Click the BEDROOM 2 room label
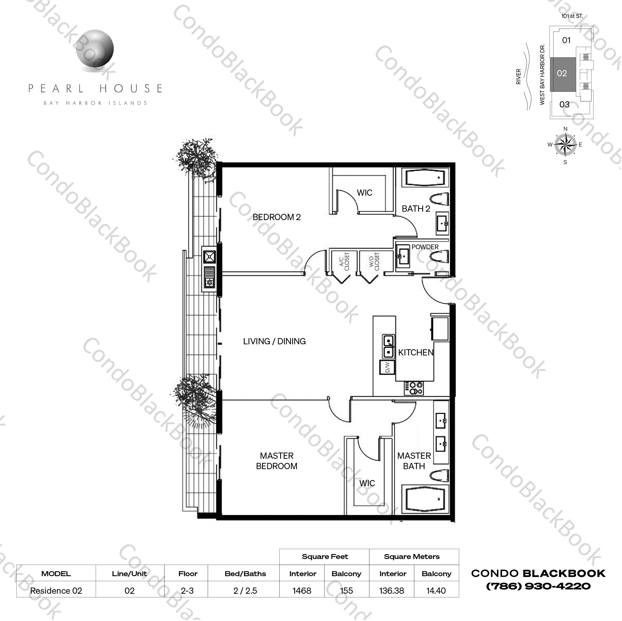[276, 217]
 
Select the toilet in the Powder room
[439, 257]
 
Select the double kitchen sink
[389, 346]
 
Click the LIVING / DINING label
[274, 341]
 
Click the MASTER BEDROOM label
[276, 461]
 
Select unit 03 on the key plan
[564, 105]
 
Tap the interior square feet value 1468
[302, 591]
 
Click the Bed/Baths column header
[245, 574]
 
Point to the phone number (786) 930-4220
[538, 586]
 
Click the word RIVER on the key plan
[518, 77]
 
